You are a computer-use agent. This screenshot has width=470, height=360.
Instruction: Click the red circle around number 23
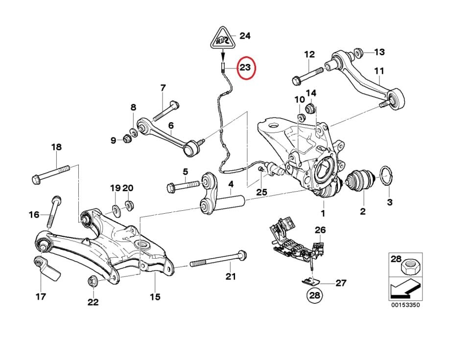tap(245, 69)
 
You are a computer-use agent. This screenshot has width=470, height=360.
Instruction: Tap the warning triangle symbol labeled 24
tap(222, 38)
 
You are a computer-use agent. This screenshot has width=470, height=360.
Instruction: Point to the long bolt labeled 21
tap(218, 260)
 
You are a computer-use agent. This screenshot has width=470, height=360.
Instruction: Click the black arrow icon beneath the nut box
tap(404, 290)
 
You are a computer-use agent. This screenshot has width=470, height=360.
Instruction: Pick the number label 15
tap(155, 296)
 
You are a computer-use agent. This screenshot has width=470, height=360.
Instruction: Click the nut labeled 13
tap(358, 52)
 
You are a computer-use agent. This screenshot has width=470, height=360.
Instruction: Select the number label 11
tap(379, 71)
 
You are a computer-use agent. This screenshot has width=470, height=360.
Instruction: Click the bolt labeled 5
tap(185, 186)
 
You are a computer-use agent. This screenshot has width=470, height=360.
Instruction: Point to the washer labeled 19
tap(116, 210)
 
